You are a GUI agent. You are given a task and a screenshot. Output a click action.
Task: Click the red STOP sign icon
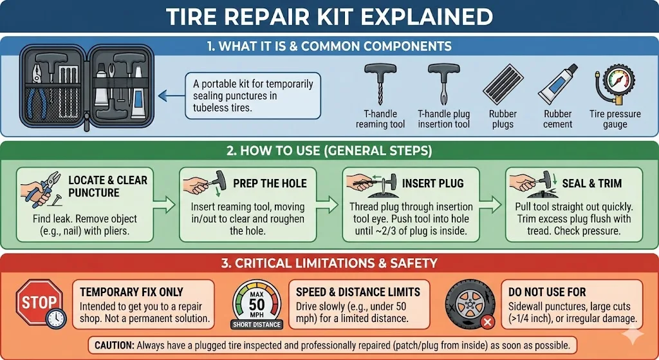pyautogui.click(x=39, y=301)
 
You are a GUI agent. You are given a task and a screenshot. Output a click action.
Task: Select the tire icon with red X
pyautogui.click(x=470, y=303)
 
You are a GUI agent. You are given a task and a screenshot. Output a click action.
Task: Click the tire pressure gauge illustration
pyautogui.click(x=613, y=84)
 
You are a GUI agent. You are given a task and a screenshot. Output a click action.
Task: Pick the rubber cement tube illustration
pyautogui.click(x=555, y=84)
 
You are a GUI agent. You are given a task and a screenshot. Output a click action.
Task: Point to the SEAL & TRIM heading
pyautogui.click(x=591, y=184)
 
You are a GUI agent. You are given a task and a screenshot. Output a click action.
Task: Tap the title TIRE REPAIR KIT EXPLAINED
pyautogui.click(x=329, y=17)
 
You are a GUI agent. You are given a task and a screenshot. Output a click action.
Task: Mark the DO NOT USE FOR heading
pyautogui.click(x=547, y=291)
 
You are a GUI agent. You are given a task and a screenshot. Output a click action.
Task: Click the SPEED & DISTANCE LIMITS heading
pyautogui.click(x=358, y=291)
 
